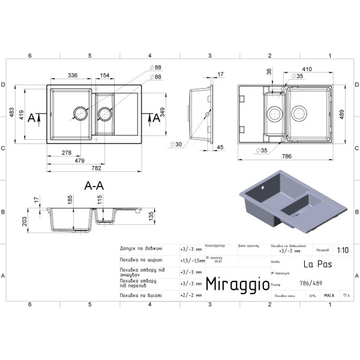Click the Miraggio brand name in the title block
tap(238, 284)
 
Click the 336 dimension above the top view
tap(72, 76)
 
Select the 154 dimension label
tap(104, 76)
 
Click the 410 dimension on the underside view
tap(307, 68)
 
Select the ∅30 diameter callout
tap(176, 145)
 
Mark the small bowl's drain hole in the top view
tap(104, 113)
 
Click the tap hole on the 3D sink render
tap(262, 188)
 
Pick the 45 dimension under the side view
tap(220, 147)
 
